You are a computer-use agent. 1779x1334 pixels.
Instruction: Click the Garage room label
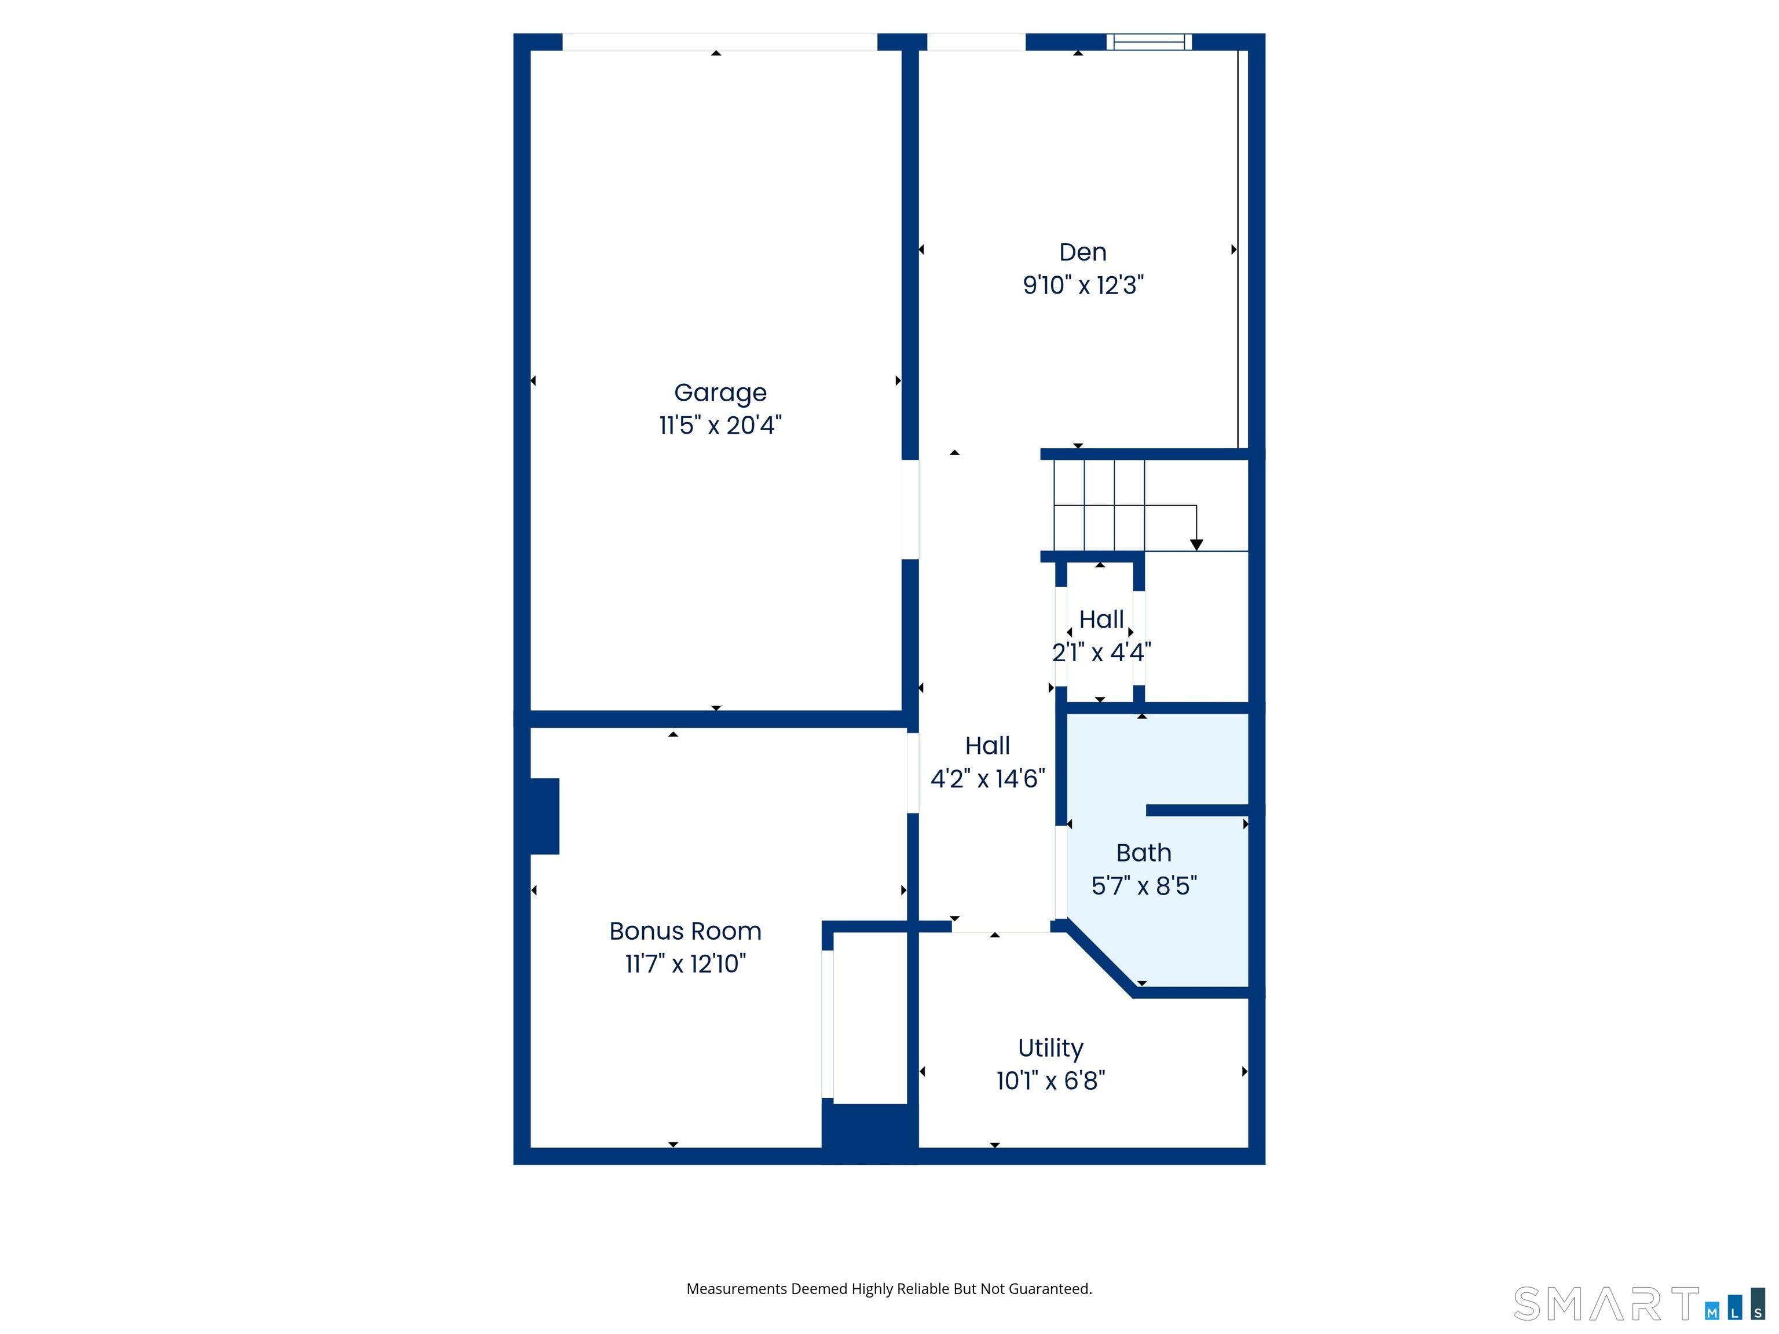point(720,393)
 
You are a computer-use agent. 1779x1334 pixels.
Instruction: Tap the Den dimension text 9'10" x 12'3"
point(1082,285)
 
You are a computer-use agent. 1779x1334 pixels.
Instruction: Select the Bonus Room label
point(685,930)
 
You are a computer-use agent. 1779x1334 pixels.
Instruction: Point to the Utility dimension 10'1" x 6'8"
point(1050,1080)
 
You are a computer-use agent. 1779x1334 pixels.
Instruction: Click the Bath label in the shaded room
point(1143,852)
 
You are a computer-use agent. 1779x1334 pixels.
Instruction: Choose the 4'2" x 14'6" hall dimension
point(987,778)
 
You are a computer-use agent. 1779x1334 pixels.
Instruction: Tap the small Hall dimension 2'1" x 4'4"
point(1101,652)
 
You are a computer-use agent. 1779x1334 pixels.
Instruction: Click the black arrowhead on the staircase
point(1196,544)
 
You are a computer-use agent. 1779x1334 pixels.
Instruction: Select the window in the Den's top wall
point(1148,42)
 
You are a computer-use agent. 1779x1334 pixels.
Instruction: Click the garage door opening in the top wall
point(719,42)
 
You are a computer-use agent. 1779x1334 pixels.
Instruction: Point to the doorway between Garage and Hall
point(910,509)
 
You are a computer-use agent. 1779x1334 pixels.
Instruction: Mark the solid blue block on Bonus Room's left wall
point(544,815)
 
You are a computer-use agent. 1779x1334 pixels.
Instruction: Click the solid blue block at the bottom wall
point(869,1132)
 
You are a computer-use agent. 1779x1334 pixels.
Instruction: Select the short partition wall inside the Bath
point(1196,810)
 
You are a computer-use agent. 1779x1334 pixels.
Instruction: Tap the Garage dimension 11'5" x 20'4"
point(720,424)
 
